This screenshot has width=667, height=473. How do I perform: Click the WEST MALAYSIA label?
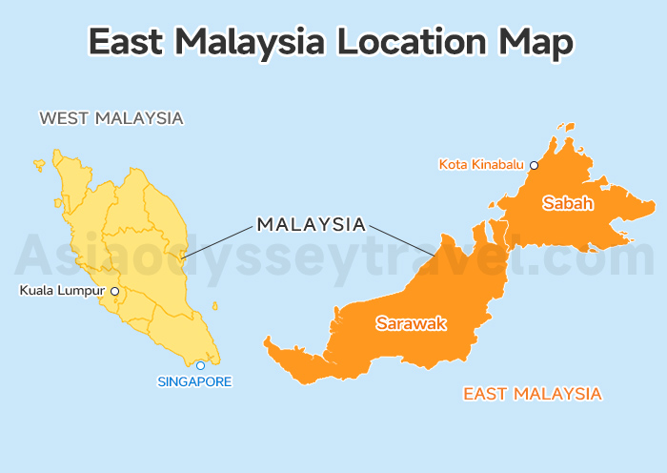tap(111, 119)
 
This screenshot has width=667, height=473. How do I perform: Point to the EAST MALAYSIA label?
tap(532, 393)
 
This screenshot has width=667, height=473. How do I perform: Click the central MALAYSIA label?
tap(312, 225)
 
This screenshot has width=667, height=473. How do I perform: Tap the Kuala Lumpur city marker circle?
tap(114, 291)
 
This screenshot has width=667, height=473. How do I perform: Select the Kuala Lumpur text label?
tap(62, 291)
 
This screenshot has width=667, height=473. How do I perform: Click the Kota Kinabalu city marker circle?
tap(534, 165)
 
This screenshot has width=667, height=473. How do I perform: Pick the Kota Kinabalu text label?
tap(482, 165)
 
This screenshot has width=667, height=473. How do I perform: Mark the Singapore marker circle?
tap(200, 365)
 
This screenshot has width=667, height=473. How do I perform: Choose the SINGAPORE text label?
tap(194, 381)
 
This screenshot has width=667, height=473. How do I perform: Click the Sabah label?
tap(568, 203)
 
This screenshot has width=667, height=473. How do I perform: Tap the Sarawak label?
tap(411, 324)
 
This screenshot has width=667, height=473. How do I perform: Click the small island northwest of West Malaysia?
tap(39, 165)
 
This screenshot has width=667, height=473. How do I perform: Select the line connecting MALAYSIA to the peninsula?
tap(218, 239)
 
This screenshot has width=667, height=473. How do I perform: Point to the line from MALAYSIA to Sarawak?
tap(400, 240)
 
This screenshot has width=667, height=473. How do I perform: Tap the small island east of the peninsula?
tap(214, 306)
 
